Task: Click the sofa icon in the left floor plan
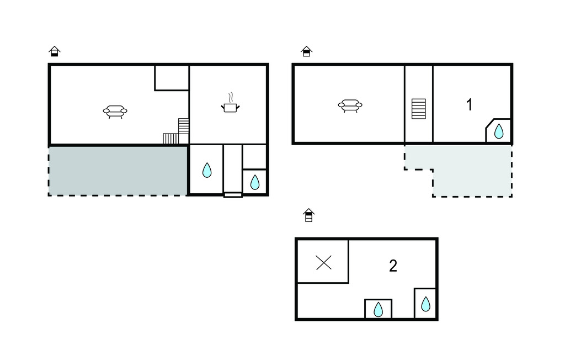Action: (x=115, y=112)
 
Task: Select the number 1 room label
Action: (x=469, y=105)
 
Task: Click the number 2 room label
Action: (x=393, y=266)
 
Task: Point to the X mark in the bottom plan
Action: (x=323, y=263)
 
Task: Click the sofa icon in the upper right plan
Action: (x=350, y=105)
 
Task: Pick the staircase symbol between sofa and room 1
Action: (x=419, y=109)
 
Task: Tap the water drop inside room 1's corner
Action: (x=499, y=131)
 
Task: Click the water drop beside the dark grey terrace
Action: (x=207, y=170)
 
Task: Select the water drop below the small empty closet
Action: (x=255, y=182)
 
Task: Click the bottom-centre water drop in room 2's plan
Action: (x=378, y=310)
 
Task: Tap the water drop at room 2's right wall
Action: (x=425, y=304)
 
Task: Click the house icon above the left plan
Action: (x=55, y=51)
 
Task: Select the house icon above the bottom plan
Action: (x=309, y=215)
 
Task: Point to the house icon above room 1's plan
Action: (x=306, y=51)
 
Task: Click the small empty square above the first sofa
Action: (x=172, y=77)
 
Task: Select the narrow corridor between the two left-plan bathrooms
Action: (x=232, y=169)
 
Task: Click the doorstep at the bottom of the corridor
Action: (x=233, y=195)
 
